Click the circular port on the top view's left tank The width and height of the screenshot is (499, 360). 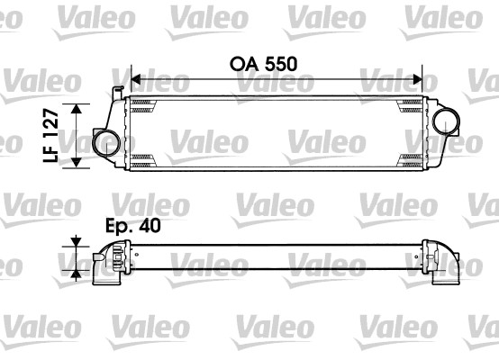pos(104,141)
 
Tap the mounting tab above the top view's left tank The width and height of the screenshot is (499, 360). pos(118,91)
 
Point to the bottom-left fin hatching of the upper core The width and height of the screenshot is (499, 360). pos(144,159)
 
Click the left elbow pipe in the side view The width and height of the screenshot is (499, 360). pos(106,265)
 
